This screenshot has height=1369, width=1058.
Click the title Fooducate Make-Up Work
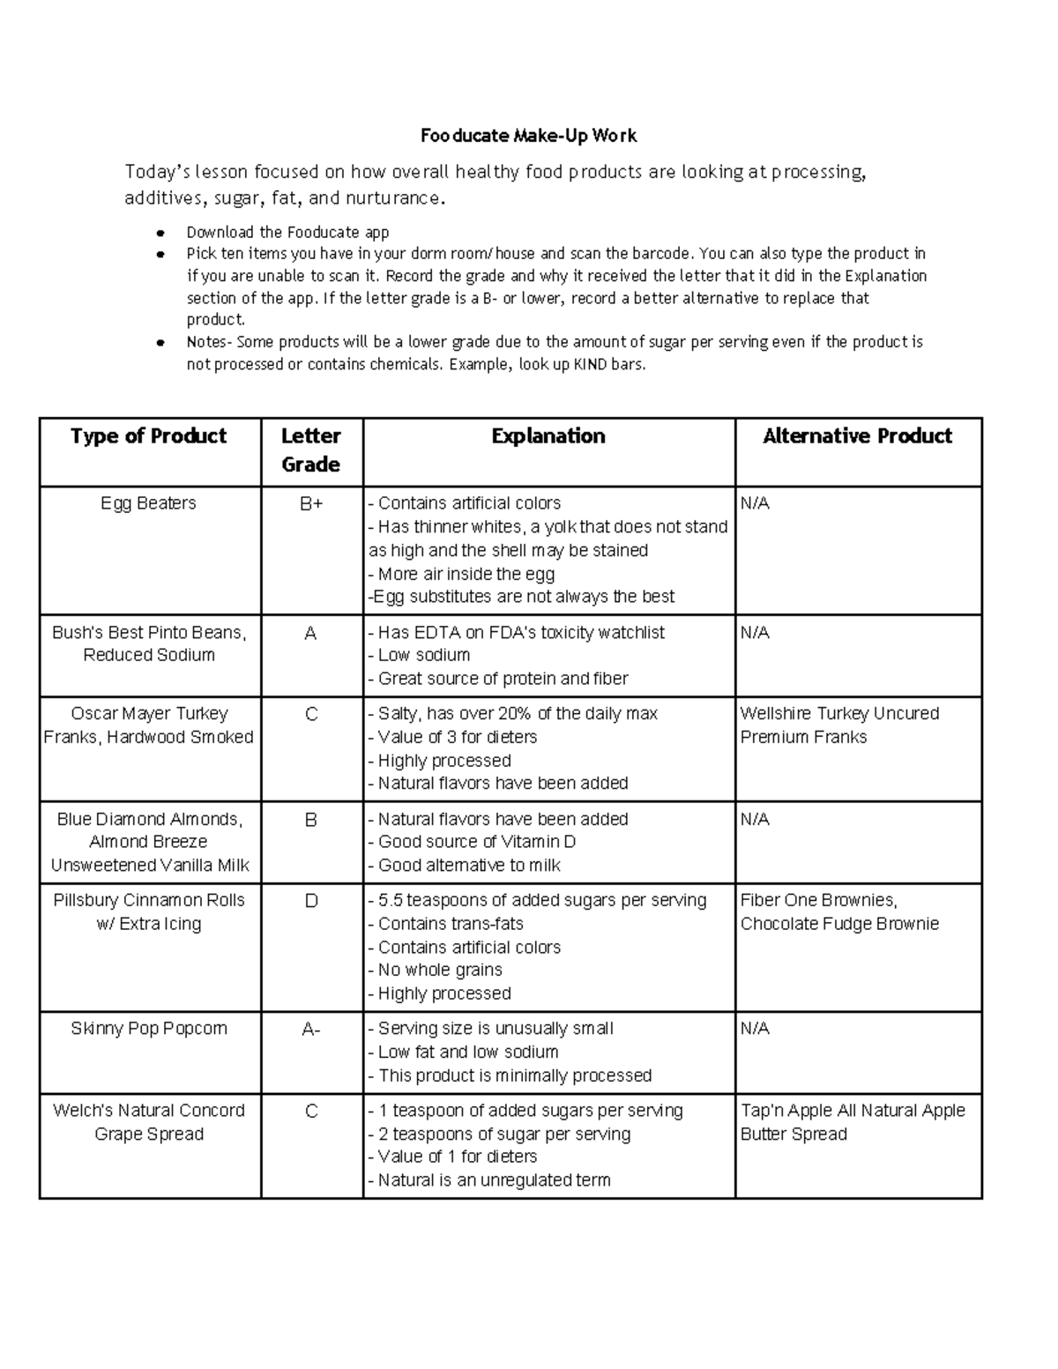pyautogui.click(x=528, y=136)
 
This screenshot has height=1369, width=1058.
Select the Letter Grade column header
pyautogui.click(x=310, y=450)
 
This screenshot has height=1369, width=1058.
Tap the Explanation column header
pyautogui.click(x=548, y=435)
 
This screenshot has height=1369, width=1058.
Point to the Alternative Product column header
pyautogui.click(x=857, y=435)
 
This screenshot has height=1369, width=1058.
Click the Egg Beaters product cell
pyautogui.click(x=148, y=503)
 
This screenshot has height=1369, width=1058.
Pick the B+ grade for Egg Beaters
pyautogui.click(x=310, y=504)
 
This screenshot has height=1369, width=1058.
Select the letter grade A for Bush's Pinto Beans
pyautogui.click(x=310, y=633)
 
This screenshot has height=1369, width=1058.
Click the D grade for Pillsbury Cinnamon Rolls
pyautogui.click(x=310, y=901)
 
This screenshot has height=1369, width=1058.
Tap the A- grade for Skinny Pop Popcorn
pyautogui.click(x=310, y=1030)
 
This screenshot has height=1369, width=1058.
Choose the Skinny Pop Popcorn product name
pyautogui.click(x=149, y=1029)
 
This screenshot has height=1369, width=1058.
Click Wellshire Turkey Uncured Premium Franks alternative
pyautogui.click(x=839, y=725)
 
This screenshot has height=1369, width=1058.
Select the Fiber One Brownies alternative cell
pyautogui.click(x=839, y=911)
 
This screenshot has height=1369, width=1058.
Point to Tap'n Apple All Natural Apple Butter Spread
pyautogui.click(x=853, y=1122)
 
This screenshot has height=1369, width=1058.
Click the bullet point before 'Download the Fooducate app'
pyautogui.click(x=160, y=234)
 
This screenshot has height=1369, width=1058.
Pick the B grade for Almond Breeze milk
pyautogui.click(x=310, y=820)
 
